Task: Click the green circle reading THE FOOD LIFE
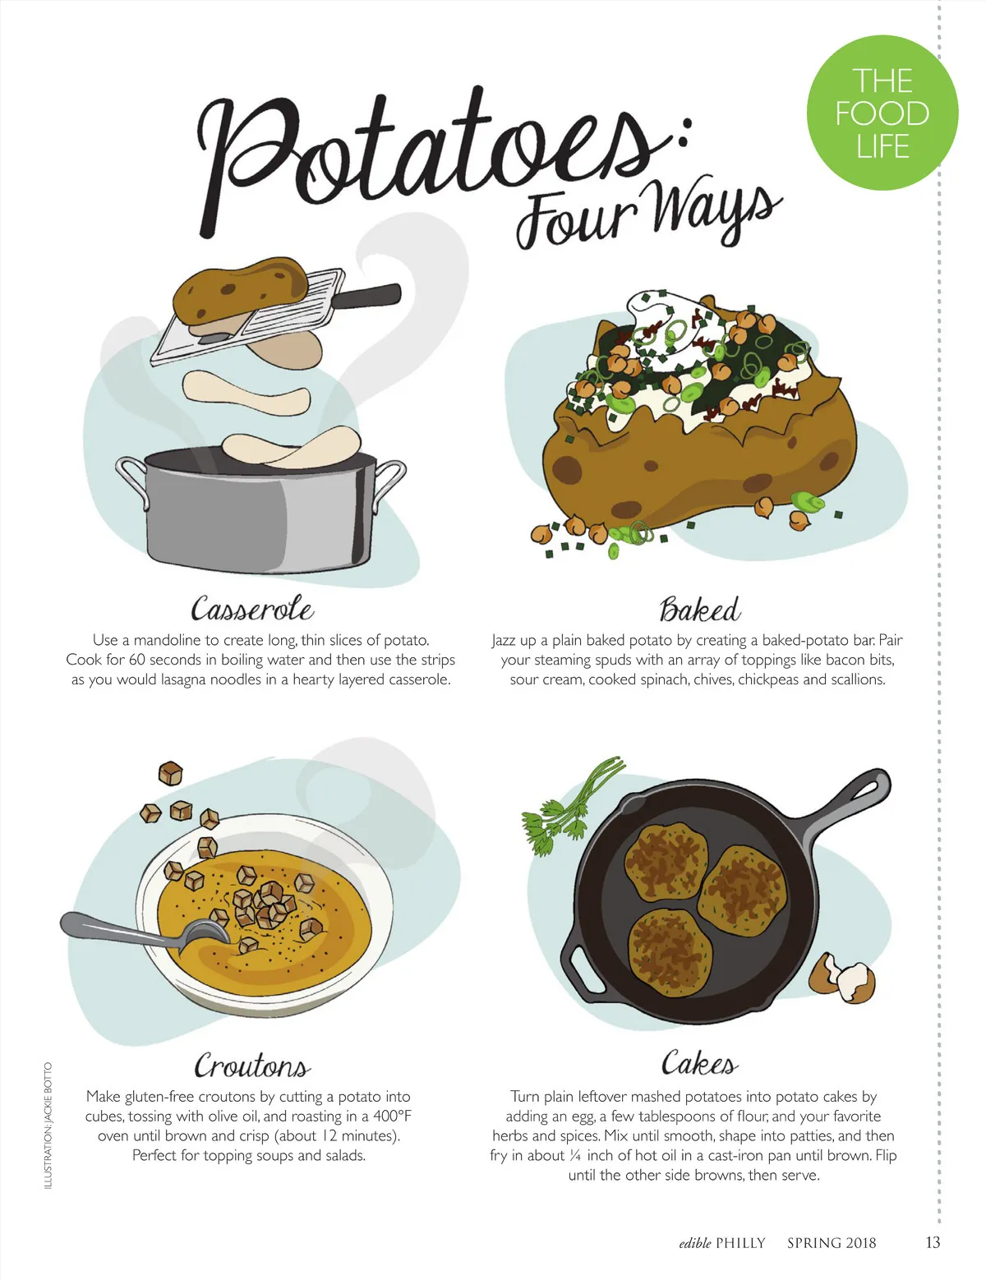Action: pyautogui.click(x=882, y=113)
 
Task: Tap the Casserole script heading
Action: pyautogui.click(x=252, y=608)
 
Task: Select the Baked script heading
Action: pyautogui.click(x=700, y=609)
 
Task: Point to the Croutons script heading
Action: pyautogui.click(x=252, y=1065)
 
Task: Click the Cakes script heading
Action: pyautogui.click(x=699, y=1062)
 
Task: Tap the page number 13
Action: pyautogui.click(x=933, y=1242)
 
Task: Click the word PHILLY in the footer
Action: pyautogui.click(x=740, y=1243)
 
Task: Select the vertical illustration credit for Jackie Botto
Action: pyautogui.click(x=48, y=1126)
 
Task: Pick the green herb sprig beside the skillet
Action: pyautogui.click(x=569, y=804)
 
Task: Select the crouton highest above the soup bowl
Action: pyautogui.click(x=170, y=773)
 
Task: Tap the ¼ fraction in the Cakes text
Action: pyautogui.click(x=575, y=1156)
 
